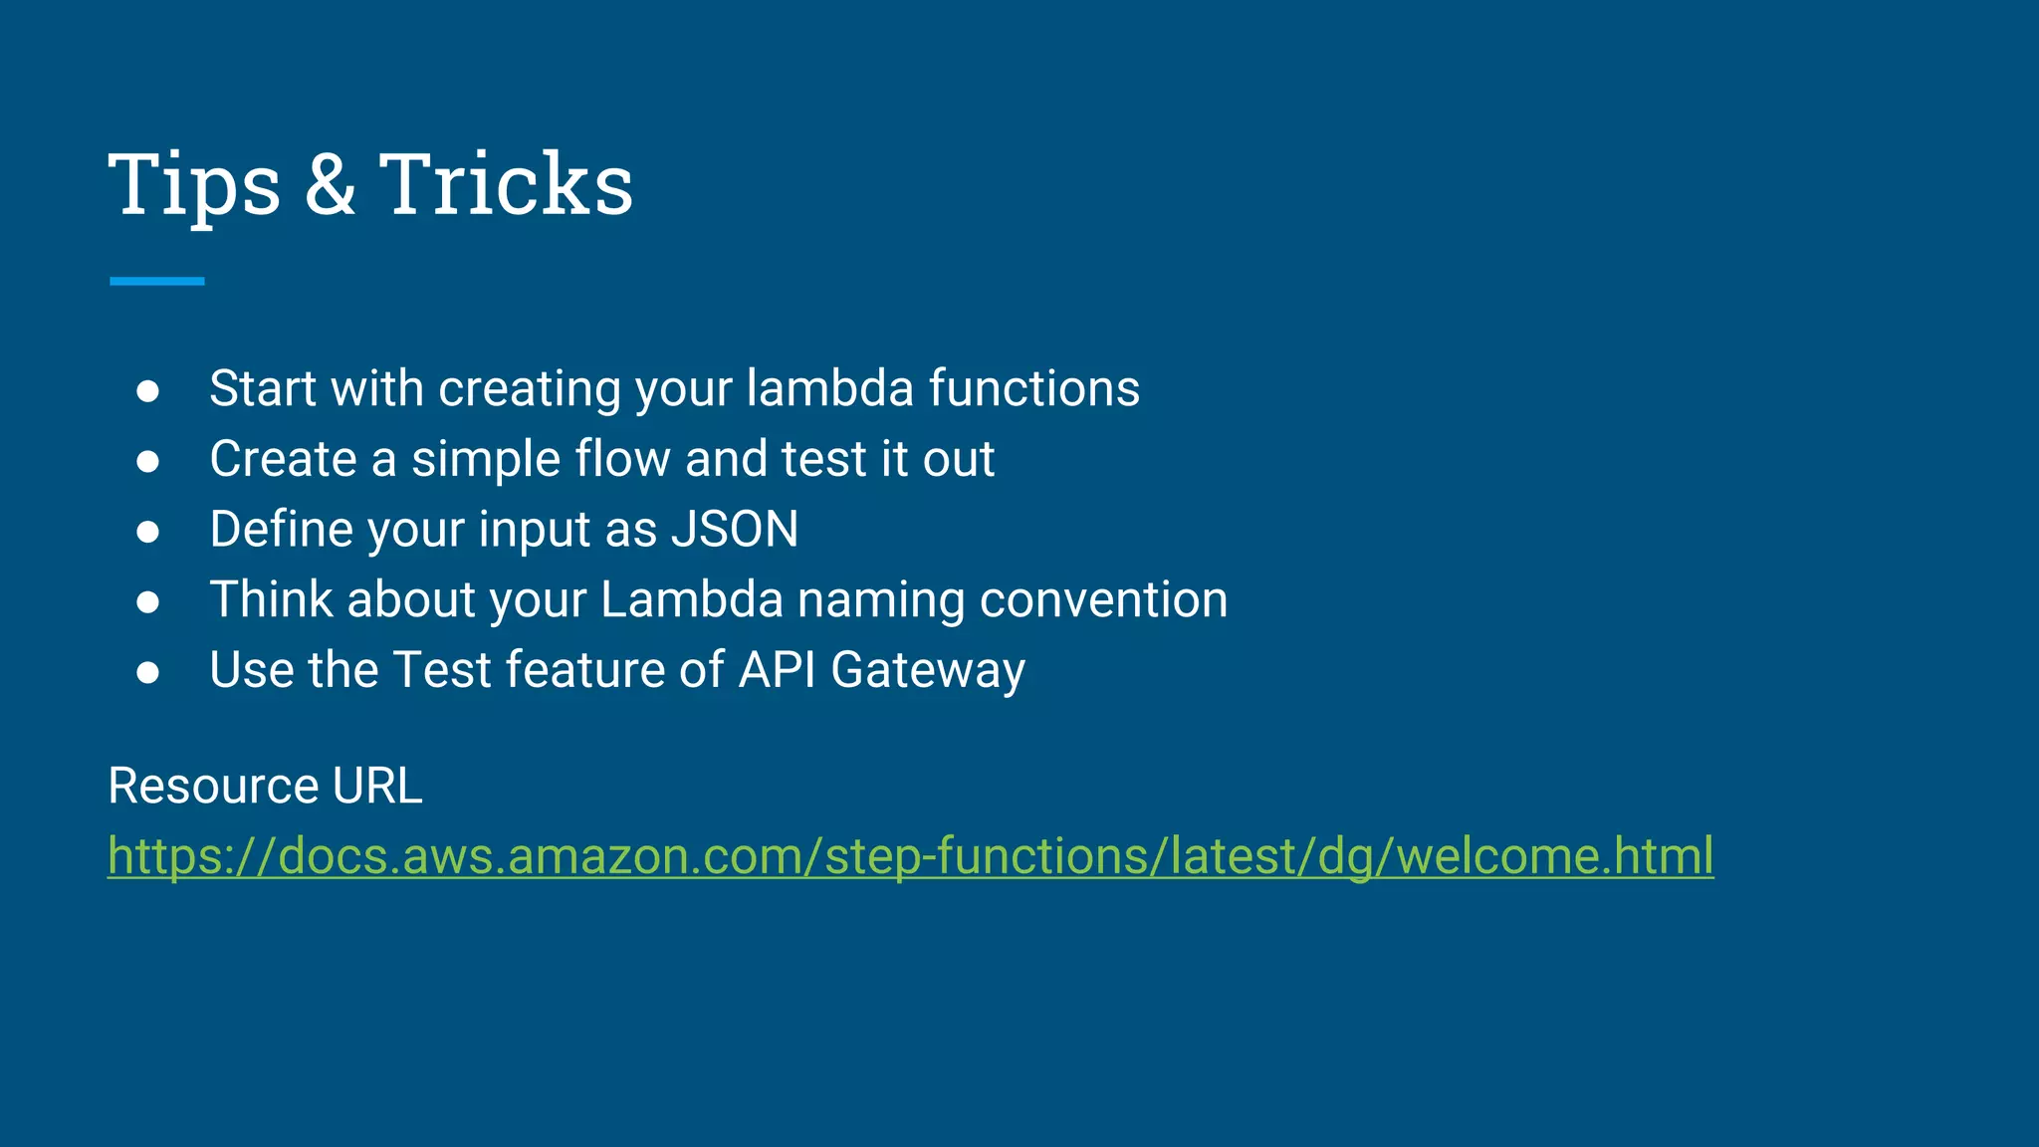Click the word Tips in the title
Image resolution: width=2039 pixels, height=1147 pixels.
(194, 185)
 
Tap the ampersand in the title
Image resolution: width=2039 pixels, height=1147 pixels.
(330, 185)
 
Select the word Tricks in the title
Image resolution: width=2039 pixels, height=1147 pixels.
(506, 185)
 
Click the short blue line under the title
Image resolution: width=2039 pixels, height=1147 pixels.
(157, 281)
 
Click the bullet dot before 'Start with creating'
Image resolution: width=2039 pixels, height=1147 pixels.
(148, 391)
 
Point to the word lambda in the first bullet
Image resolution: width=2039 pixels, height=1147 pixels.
(829, 388)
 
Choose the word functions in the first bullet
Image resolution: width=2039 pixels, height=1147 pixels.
(1034, 388)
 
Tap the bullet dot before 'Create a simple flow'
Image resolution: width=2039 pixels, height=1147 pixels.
(148, 461)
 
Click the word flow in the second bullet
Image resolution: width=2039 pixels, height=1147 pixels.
(622, 459)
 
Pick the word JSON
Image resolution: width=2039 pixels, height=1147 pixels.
(735, 530)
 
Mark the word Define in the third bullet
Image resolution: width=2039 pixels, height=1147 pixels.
(282, 529)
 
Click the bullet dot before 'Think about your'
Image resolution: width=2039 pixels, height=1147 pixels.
(148, 601)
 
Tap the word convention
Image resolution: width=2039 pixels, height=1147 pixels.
(1103, 600)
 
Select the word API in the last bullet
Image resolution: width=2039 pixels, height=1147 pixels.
(777, 670)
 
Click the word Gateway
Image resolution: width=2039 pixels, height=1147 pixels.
(928, 671)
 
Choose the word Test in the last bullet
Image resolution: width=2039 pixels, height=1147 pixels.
(443, 670)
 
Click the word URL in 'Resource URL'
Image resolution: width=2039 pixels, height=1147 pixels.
(377, 787)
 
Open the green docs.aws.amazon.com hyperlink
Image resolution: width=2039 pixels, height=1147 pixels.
(910, 856)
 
